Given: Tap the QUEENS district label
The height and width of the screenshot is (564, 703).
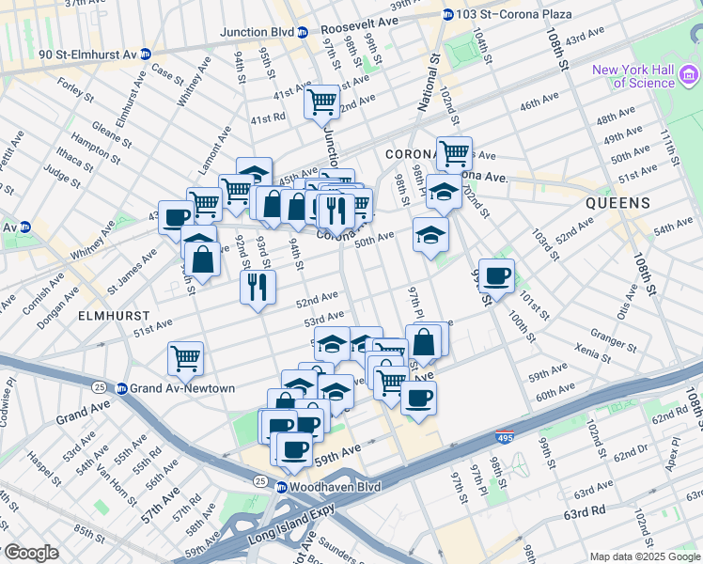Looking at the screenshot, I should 617,203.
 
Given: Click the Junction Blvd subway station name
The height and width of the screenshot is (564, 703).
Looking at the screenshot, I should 257,32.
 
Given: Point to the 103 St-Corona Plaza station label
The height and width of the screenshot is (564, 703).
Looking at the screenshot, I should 504,14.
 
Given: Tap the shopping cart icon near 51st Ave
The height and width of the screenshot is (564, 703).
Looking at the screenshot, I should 185,357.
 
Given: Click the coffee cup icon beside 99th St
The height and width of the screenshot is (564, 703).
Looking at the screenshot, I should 496,274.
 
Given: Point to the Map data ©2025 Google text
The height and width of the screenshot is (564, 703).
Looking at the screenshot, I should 644,556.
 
